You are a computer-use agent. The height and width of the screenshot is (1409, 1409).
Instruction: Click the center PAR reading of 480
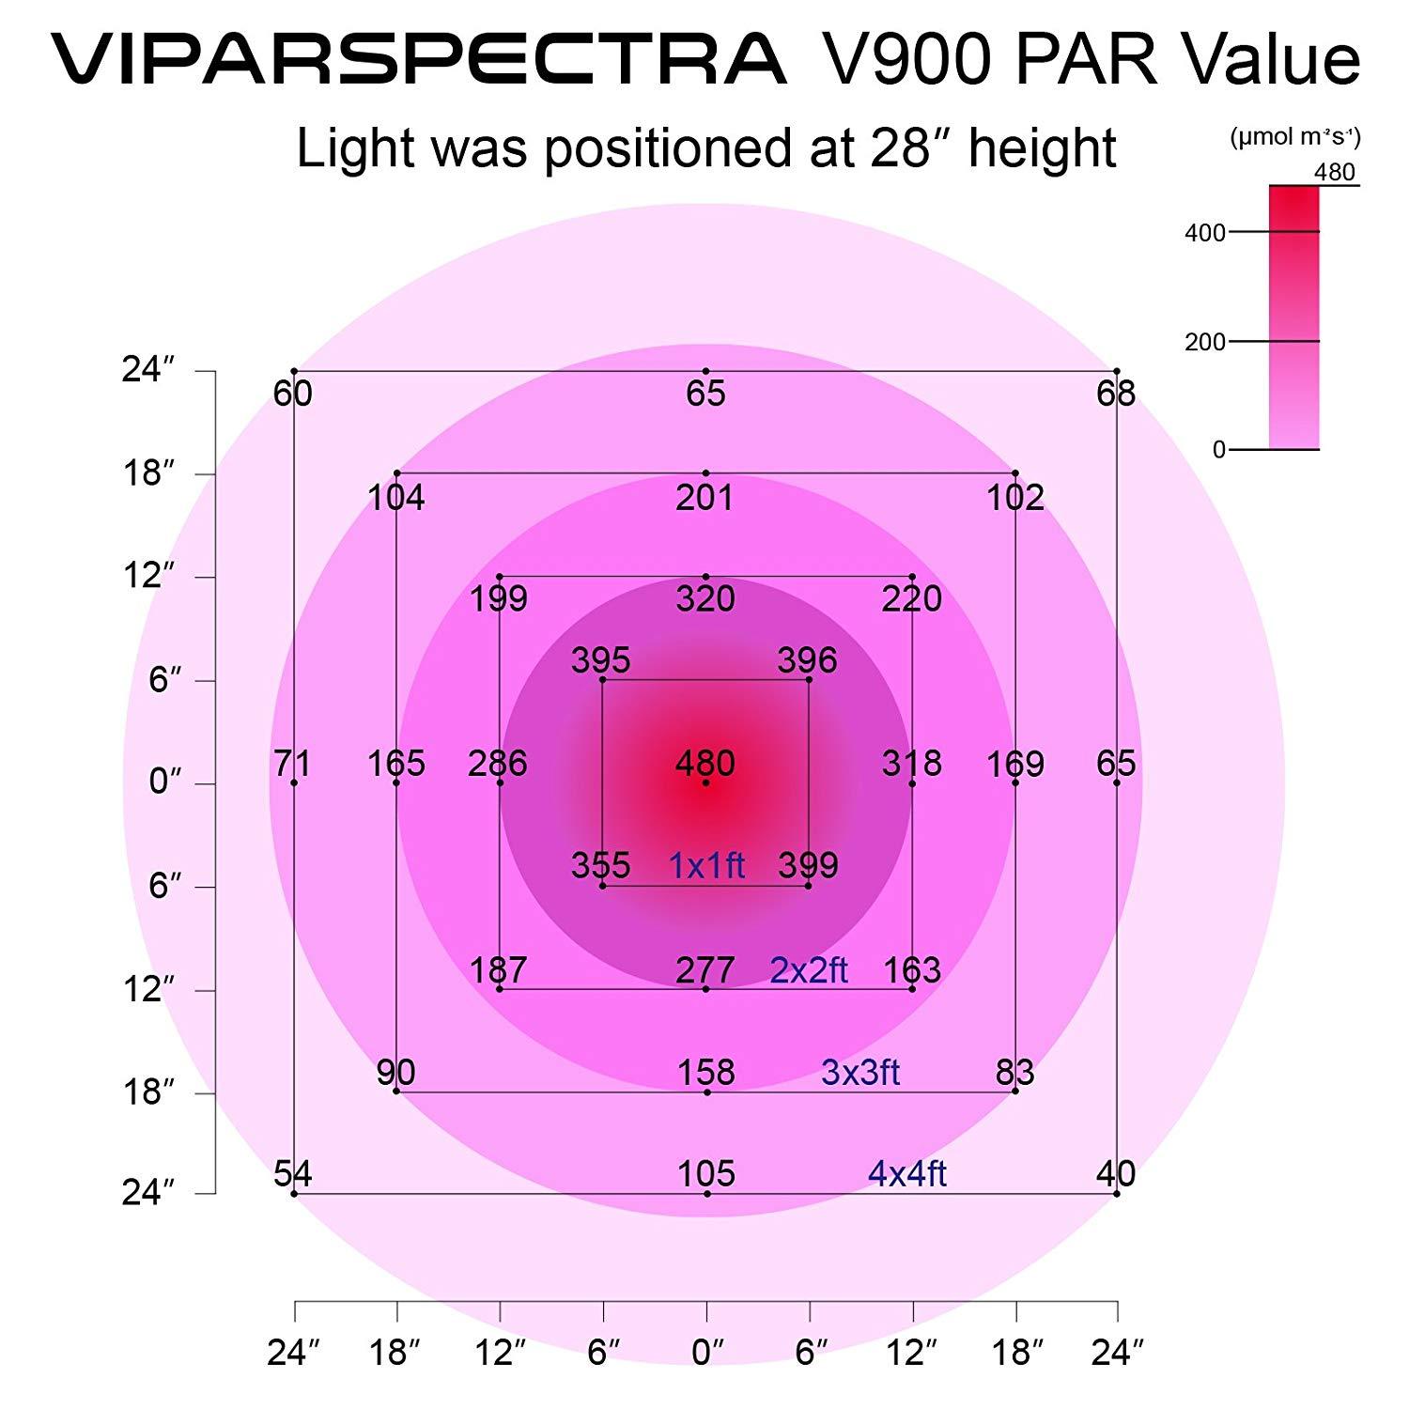705,764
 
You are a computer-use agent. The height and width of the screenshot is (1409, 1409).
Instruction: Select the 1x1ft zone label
706,865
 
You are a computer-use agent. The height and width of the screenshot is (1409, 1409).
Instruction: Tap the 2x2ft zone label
809,969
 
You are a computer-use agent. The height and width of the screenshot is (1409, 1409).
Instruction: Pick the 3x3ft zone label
860,1072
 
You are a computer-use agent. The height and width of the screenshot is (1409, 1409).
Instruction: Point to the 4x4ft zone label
906,1173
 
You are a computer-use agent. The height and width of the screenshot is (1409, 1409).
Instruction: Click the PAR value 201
705,497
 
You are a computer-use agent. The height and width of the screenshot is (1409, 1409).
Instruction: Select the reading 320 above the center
705,598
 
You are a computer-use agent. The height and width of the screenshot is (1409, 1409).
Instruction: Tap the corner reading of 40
1116,1173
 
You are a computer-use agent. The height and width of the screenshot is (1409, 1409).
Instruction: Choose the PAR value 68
1116,393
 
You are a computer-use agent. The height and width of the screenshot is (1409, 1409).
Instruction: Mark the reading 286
498,764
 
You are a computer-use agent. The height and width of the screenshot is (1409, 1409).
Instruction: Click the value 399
809,865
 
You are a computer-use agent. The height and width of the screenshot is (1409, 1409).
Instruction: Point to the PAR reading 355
601,865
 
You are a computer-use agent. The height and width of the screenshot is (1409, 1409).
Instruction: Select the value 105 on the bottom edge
706,1173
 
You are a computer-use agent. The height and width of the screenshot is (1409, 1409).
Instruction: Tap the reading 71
292,764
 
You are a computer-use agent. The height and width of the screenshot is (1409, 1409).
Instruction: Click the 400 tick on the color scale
1205,233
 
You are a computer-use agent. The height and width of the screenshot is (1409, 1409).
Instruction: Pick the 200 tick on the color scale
1205,342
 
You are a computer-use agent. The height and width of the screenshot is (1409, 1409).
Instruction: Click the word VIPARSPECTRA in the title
418,58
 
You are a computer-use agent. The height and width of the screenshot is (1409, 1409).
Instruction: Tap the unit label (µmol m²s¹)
1294,138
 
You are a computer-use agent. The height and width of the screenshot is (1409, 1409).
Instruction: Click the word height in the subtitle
1043,148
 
